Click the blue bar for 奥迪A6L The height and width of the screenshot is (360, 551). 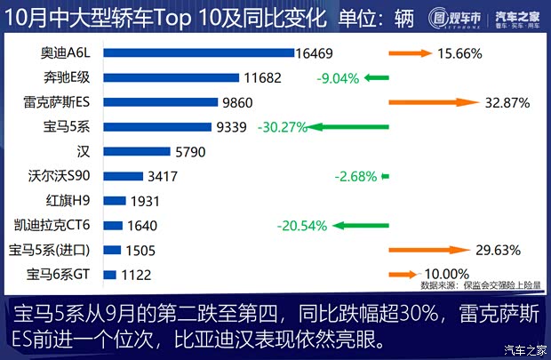[199, 53]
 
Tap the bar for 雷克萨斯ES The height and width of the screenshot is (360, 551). [161, 102]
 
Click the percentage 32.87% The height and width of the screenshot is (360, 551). [507, 102]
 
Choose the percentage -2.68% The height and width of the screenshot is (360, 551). [355, 176]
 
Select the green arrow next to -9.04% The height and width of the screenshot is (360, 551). [376, 78]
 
